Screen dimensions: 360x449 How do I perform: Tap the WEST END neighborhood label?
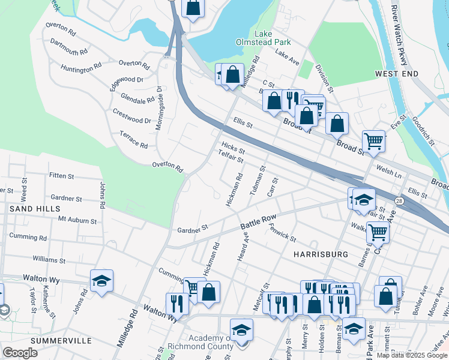tap(396, 73)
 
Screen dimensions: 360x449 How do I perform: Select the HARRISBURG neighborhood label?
tap(321, 254)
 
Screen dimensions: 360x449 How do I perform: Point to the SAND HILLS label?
tap(34, 208)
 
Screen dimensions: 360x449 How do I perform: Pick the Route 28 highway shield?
tap(399, 200)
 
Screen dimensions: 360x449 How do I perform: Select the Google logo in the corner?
tap(20, 353)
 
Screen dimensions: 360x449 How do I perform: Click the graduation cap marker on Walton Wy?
tap(101, 281)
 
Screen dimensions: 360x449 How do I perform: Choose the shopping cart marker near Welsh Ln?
tap(373, 142)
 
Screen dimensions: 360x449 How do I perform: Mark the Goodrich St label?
tap(424, 127)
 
